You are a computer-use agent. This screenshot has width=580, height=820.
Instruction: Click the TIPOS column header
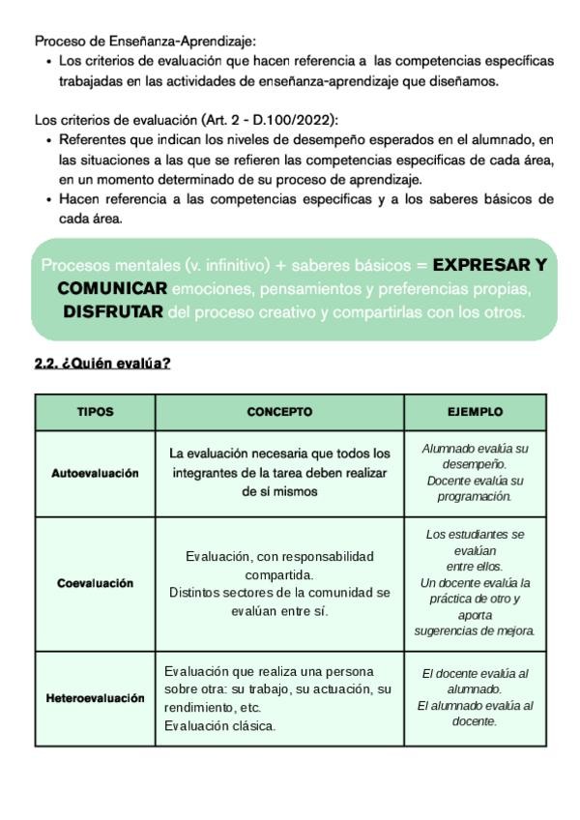point(95,412)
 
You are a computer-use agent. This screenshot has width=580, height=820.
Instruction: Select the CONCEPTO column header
point(279,412)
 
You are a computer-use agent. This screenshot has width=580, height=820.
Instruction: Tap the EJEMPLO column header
point(475,412)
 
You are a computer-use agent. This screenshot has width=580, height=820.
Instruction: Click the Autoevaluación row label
point(95,473)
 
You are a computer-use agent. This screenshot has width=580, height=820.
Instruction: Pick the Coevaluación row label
point(95,583)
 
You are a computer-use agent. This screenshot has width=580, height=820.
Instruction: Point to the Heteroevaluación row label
point(95,698)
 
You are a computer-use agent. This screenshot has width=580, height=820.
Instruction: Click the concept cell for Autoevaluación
point(279,472)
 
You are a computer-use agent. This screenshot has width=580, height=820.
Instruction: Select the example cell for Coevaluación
point(475,583)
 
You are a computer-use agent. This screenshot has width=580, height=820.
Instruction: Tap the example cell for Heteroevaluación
point(475,697)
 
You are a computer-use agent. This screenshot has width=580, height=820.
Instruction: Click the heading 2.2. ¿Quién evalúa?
point(103,365)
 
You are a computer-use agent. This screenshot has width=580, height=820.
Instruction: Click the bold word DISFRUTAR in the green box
point(112,312)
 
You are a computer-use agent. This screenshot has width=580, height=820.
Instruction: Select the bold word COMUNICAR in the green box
point(112,288)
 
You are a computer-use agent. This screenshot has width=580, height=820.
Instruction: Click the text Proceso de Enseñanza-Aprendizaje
point(145,42)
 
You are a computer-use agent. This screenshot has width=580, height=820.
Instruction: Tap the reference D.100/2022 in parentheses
point(295,120)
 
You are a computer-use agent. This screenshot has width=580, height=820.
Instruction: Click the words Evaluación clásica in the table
point(219,725)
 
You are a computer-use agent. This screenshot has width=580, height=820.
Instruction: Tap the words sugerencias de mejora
point(475,630)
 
